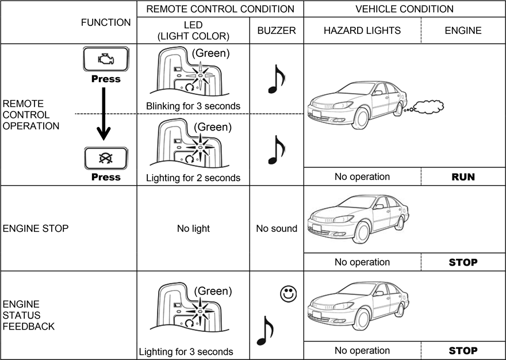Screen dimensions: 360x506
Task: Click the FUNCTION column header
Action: (x=106, y=22)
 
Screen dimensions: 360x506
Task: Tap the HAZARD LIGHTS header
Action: (x=362, y=31)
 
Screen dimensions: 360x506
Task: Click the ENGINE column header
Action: (x=463, y=31)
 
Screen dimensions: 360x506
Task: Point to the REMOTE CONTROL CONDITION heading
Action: (x=220, y=9)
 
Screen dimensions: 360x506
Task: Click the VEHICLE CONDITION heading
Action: (x=404, y=9)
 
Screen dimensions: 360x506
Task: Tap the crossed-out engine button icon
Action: (x=105, y=158)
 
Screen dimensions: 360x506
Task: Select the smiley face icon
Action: (x=288, y=293)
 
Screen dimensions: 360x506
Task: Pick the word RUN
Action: (x=463, y=177)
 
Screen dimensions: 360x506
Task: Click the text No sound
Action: (x=277, y=228)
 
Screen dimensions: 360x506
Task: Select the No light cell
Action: (x=193, y=228)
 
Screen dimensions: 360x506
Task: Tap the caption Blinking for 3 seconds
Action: (x=193, y=106)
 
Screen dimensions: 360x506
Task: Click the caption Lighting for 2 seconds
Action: (x=193, y=178)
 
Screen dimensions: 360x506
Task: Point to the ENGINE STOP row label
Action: (x=36, y=228)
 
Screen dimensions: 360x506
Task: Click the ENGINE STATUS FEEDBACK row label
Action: (x=29, y=315)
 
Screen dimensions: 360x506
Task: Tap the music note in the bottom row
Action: (x=264, y=330)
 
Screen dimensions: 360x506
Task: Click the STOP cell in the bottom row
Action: (x=463, y=350)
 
